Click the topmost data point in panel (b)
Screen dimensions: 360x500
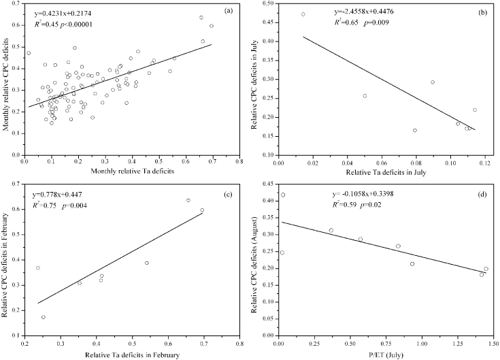[x=303, y=14]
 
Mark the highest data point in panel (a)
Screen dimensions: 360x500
[x=201, y=18]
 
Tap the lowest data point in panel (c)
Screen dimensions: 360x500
[x=44, y=317]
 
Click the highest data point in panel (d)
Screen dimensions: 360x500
[x=282, y=195]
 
